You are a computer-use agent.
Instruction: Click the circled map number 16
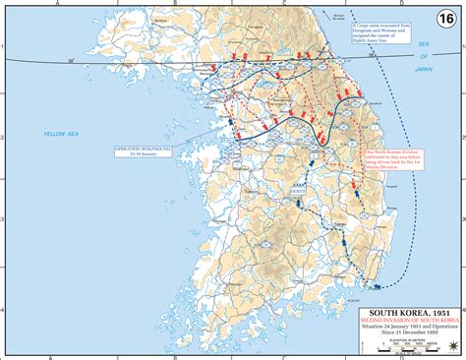pos(448,17)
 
